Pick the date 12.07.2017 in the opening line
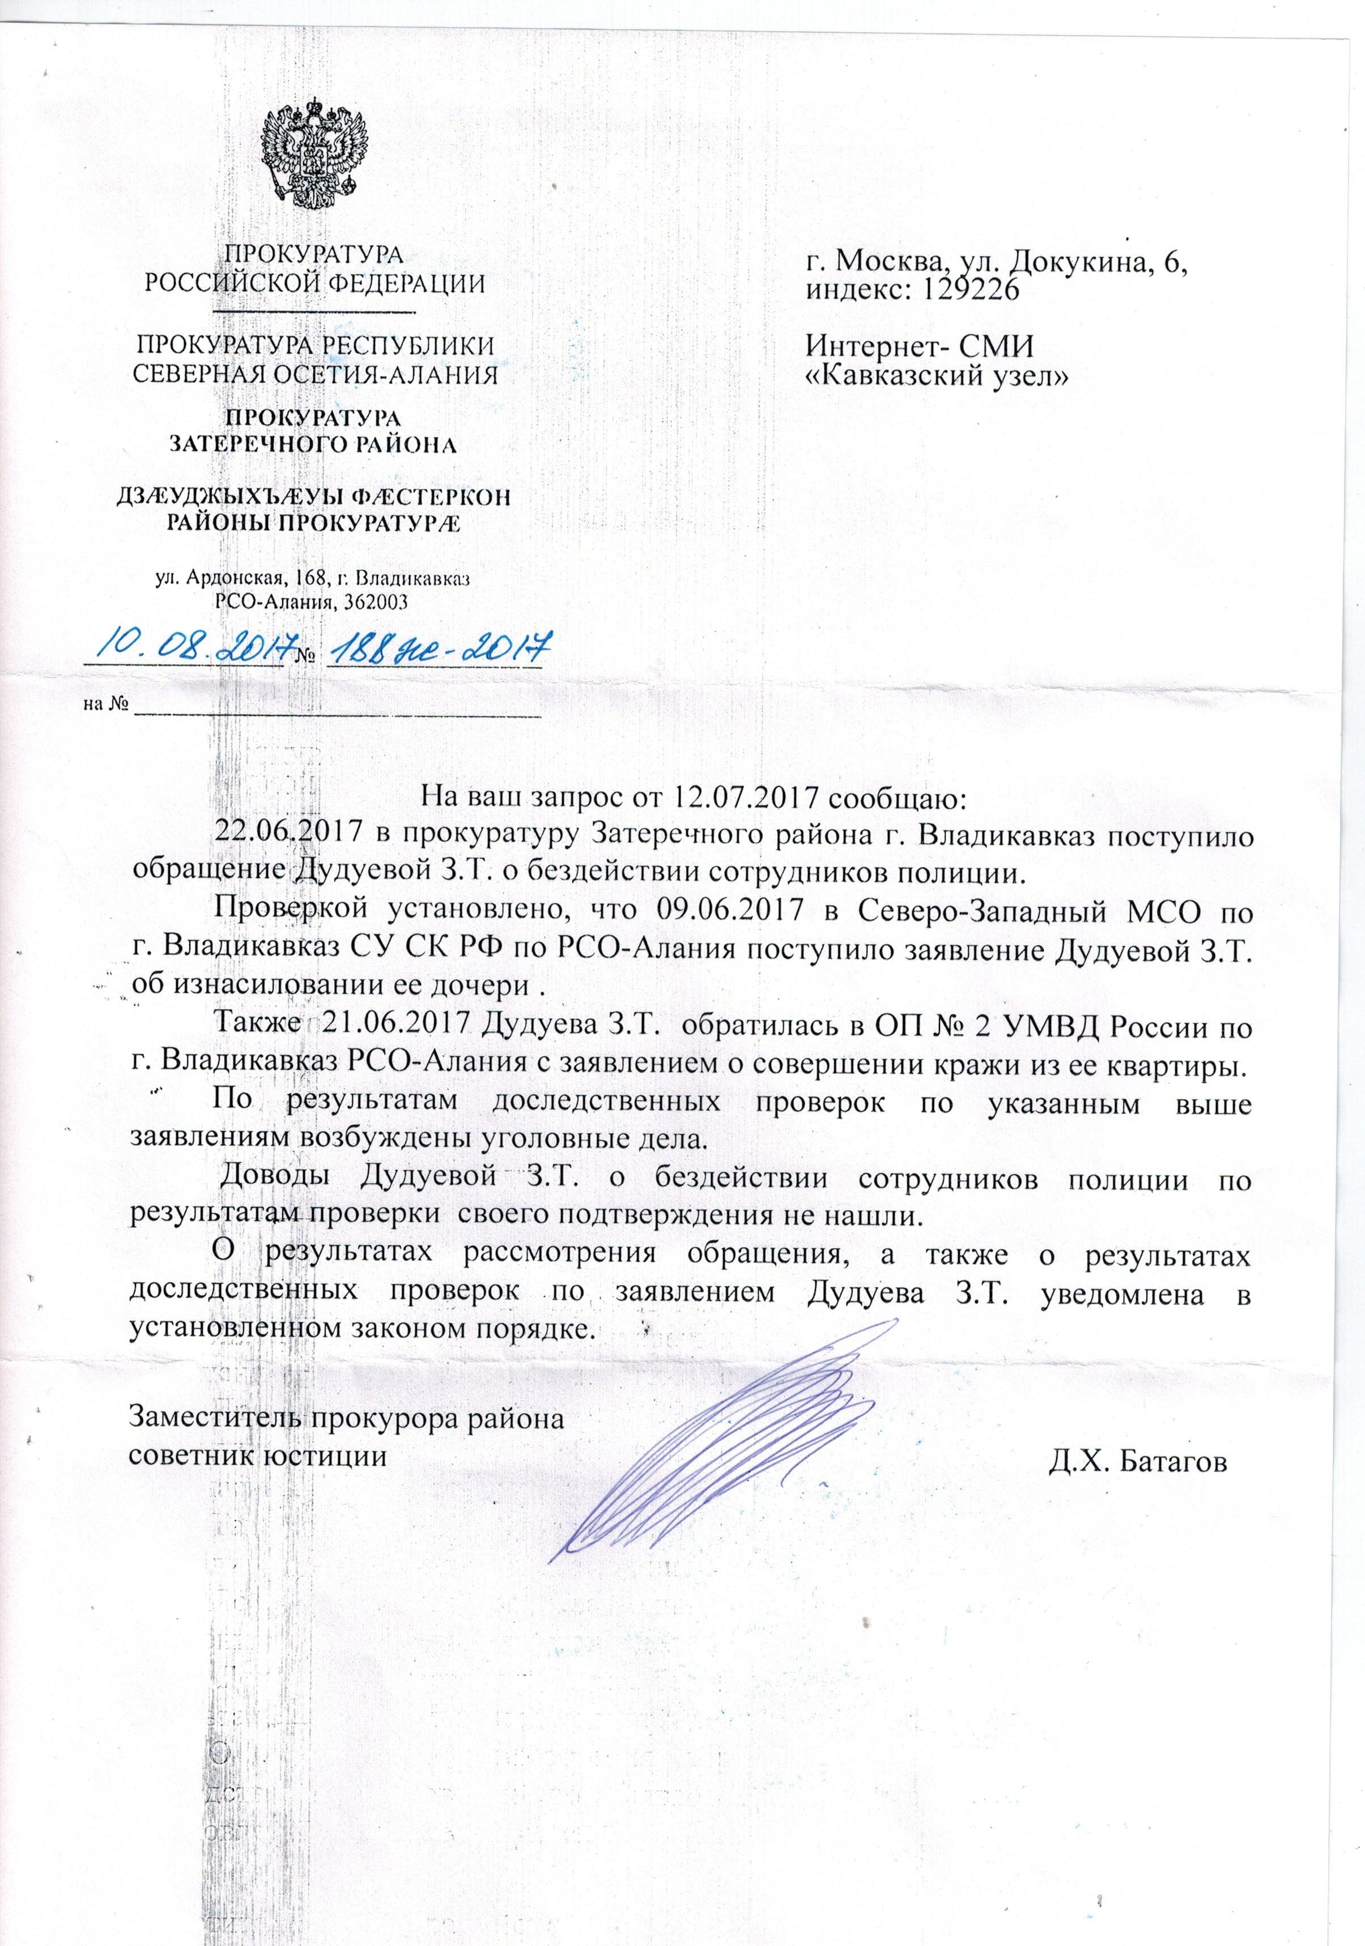[747, 799]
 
